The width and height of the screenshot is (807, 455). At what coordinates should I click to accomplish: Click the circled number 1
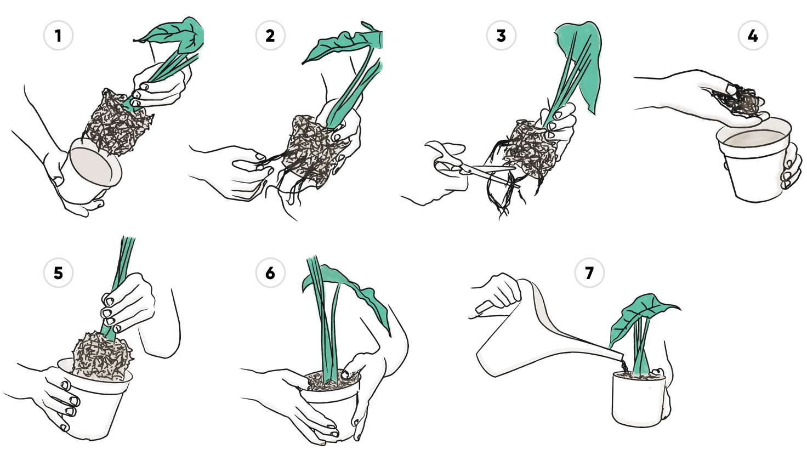[x=58, y=36]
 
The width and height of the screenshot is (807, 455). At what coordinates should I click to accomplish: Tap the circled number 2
[x=270, y=36]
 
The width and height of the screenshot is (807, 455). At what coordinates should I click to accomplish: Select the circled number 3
[x=501, y=36]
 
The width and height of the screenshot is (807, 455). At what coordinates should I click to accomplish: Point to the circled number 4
[x=753, y=36]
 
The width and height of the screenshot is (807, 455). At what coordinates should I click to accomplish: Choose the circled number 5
[x=58, y=272]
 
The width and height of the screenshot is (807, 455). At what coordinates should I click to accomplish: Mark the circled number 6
[x=270, y=272]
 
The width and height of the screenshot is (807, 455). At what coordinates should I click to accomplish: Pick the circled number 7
[x=589, y=272]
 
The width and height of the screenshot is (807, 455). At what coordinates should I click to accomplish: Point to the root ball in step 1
[x=117, y=122]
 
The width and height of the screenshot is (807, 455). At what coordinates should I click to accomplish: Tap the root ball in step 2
[x=314, y=151]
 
